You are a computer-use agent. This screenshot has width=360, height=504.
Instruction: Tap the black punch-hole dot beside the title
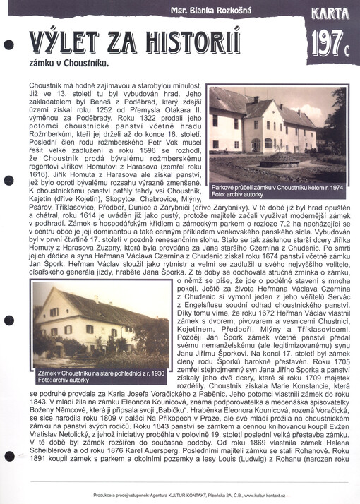8,44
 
